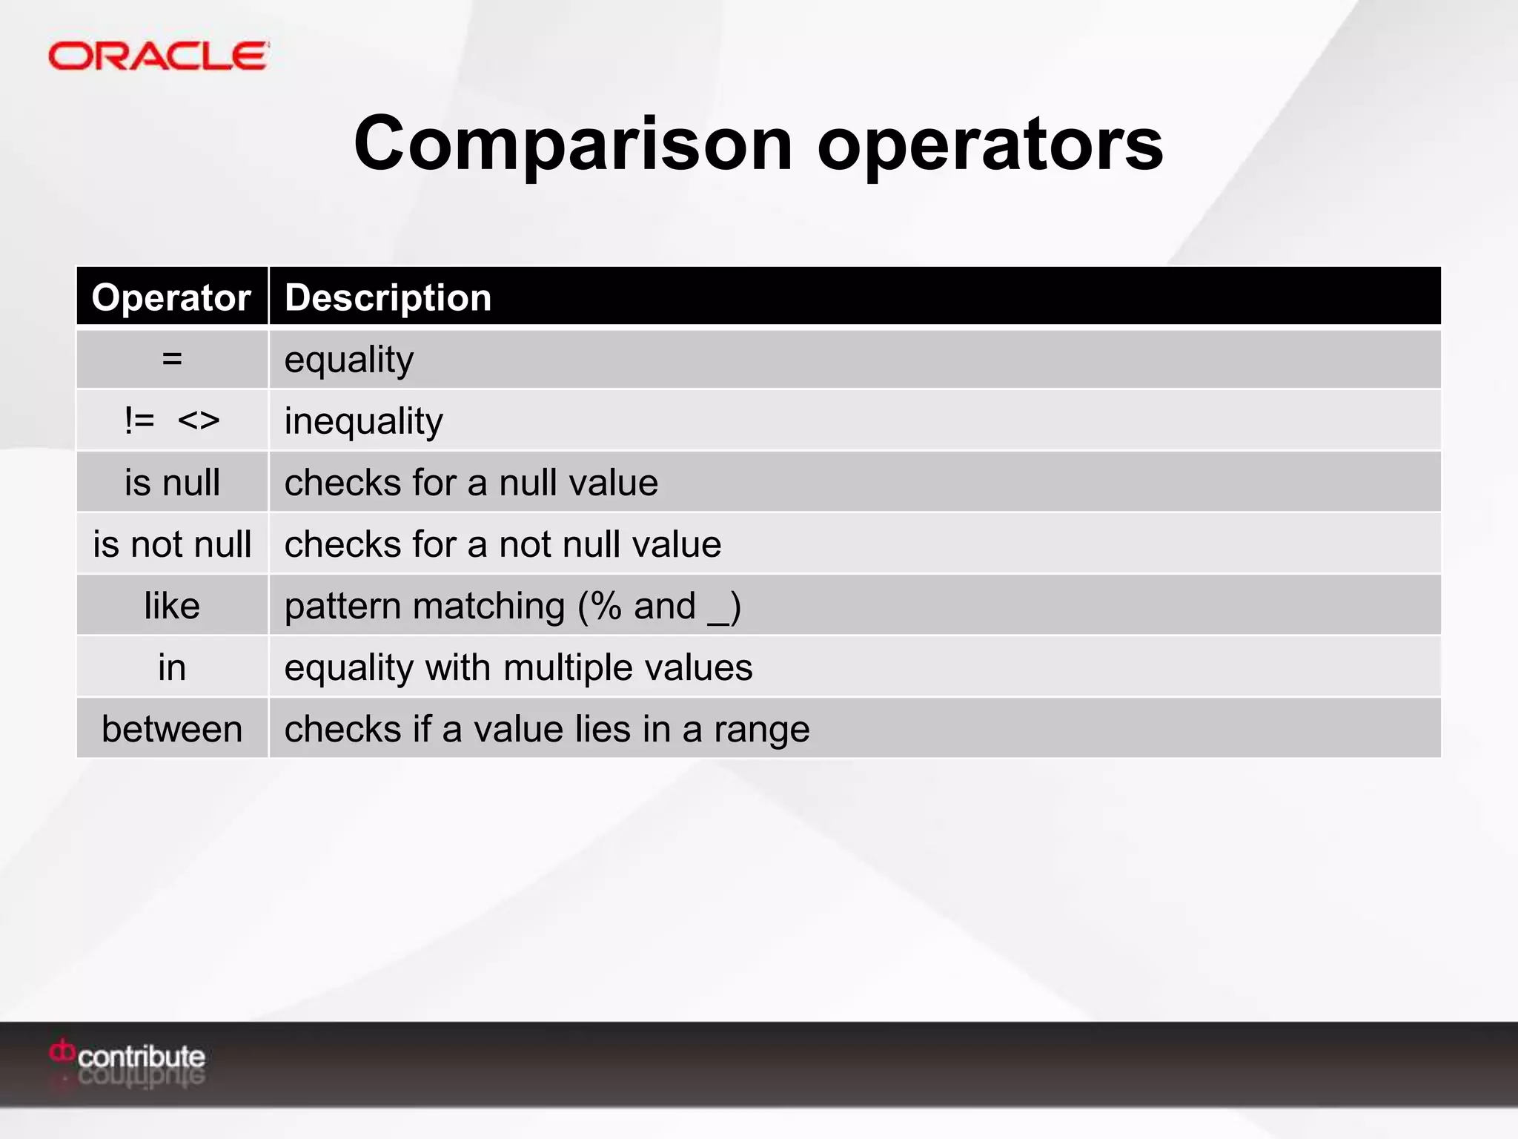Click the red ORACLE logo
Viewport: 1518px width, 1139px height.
click(158, 56)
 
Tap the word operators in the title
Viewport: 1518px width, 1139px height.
click(990, 144)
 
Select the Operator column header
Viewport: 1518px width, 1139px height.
click(171, 297)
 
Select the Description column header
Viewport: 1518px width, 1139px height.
click(388, 297)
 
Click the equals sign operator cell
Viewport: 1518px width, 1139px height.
click(172, 360)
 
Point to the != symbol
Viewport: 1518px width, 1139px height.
click(139, 420)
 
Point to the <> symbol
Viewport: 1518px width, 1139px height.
click(199, 420)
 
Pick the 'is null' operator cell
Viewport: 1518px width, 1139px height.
click(172, 483)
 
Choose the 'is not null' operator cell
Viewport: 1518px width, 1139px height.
click(172, 544)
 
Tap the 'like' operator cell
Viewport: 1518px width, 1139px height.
click(172, 606)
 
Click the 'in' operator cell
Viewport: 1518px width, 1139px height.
click(172, 667)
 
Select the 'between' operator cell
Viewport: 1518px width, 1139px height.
click(172, 729)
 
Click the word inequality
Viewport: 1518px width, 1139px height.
click(363, 421)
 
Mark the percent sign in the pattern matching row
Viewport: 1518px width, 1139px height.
click(606, 606)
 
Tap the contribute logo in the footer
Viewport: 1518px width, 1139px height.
click(127, 1056)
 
